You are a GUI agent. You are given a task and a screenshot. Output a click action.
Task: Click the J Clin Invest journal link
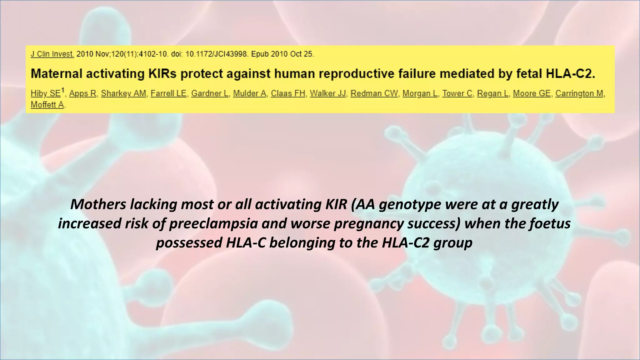click(52, 54)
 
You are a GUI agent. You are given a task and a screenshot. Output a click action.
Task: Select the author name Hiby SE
click(46, 93)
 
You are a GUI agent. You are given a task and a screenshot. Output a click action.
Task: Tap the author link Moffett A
click(47, 105)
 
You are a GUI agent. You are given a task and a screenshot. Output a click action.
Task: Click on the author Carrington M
click(580, 93)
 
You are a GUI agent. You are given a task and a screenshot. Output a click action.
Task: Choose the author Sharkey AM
click(123, 93)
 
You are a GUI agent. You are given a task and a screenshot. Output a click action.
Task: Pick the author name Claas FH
click(288, 93)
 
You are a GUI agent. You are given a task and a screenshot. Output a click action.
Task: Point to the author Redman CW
click(374, 93)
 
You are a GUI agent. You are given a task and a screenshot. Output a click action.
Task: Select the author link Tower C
click(457, 93)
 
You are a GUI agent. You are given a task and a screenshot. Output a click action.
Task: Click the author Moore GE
click(532, 93)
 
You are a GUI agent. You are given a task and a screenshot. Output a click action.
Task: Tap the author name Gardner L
click(210, 93)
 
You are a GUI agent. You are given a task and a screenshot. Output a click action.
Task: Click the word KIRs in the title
click(162, 74)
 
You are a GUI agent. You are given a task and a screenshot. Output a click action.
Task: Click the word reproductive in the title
click(356, 74)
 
